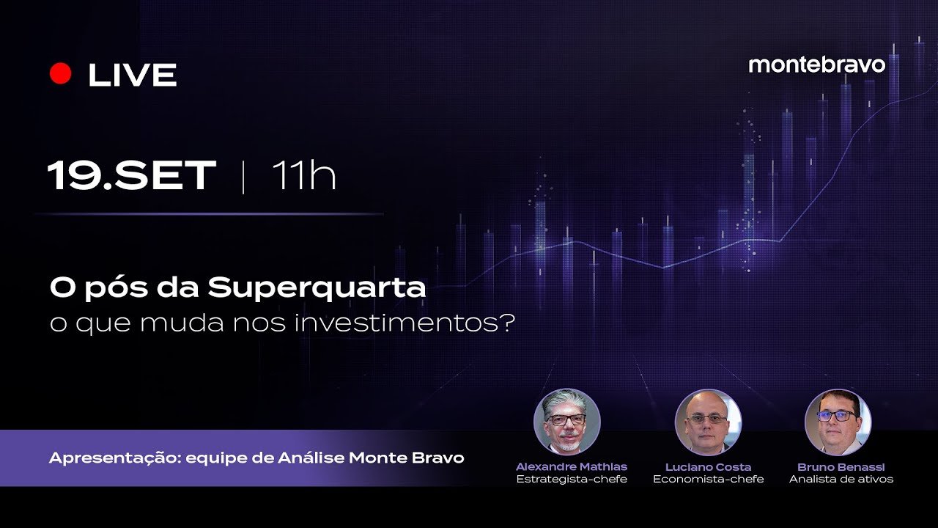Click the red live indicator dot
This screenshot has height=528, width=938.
(60, 74)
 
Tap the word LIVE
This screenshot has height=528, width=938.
(133, 75)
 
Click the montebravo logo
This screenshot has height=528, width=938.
(816, 65)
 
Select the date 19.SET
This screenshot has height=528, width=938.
(132, 176)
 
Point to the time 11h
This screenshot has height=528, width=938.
(303, 176)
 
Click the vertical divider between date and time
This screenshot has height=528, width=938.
(243, 177)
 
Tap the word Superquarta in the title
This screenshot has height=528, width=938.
(317, 288)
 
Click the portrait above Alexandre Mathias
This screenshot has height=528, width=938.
(566, 422)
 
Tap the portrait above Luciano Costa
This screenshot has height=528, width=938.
(708, 422)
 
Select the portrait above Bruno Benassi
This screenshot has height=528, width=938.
(838, 422)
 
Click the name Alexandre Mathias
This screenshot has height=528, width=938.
(572, 466)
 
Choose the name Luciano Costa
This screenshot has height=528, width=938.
(708, 466)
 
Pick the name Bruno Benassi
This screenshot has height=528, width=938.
(841, 466)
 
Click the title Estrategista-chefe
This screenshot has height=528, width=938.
(572, 480)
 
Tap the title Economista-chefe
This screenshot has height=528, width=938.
(708, 480)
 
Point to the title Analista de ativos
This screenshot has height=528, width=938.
(841, 480)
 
